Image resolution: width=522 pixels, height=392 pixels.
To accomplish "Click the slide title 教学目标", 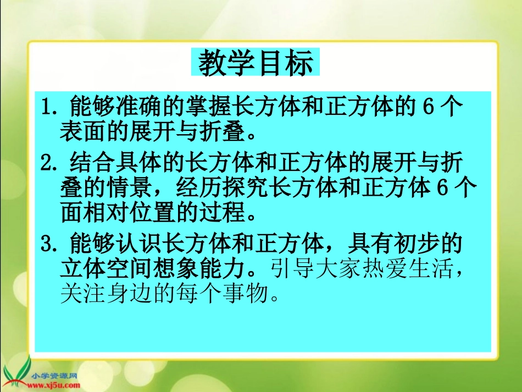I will point(256,64).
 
